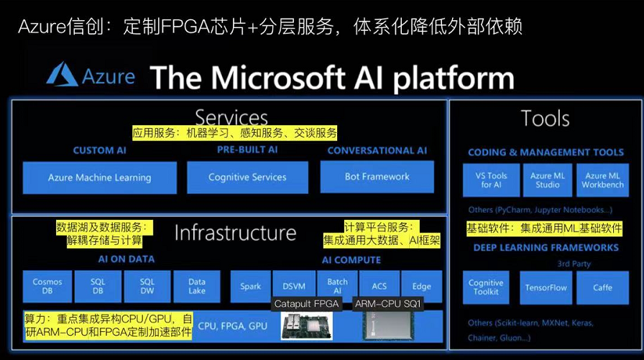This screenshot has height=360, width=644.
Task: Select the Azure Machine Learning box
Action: pyautogui.click(x=100, y=177)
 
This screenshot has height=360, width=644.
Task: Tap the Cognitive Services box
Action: pyautogui.click(x=247, y=177)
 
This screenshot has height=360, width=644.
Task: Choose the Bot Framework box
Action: pyautogui.click(x=377, y=177)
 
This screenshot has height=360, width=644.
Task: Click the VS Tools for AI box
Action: pyautogui.click(x=491, y=180)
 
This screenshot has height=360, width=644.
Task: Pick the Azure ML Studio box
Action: pyautogui.click(x=548, y=180)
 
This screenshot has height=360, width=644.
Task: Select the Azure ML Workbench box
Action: pyautogui.click(x=602, y=180)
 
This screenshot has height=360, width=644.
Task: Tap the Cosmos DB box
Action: pyautogui.click(x=47, y=286)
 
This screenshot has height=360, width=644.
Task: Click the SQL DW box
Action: pyautogui.click(x=147, y=286)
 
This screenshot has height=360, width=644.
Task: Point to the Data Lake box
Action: pyautogui.click(x=197, y=286)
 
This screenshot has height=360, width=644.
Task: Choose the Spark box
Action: pyautogui.click(x=251, y=286)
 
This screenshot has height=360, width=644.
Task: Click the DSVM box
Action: pyautogui.click(x=294, y=286)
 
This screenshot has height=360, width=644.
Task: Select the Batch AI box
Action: pyautogui.click(x=338, y=286)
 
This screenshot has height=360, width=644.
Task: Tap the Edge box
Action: pyautogui.click(x=421, y=286)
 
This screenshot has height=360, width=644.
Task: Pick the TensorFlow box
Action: pyautogui.click(x=546, y=287)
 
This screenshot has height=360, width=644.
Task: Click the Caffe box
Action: pyautogui.click(x=602, y=287)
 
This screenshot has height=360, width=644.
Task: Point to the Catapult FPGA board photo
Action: pyautogui.click(x=307, y=326)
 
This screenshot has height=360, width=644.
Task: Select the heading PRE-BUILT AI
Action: pyautogui.click(x=247, y=150)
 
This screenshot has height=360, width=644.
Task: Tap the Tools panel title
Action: pyautogui.click(x=545, y=119)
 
